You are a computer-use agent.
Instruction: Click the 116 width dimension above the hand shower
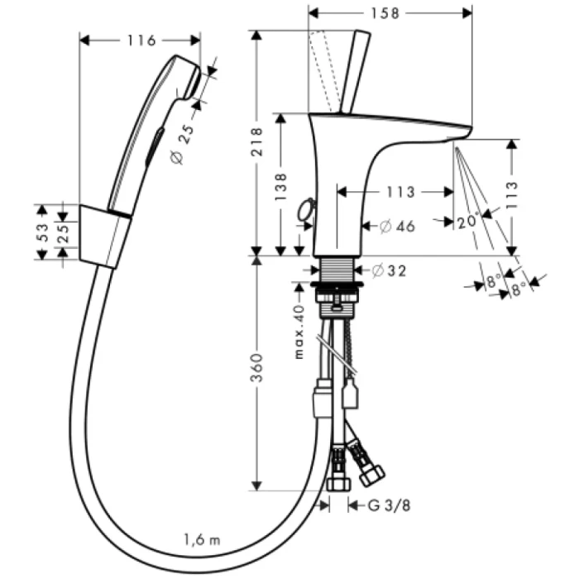[140, 39]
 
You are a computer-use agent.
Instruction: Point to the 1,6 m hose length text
[203, 540]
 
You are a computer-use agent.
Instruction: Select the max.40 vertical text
[300, 332]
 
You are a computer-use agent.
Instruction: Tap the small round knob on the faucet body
[308, 208]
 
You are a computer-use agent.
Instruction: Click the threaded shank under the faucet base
[336, 270]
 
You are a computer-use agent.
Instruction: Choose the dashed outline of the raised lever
[325, 70]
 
